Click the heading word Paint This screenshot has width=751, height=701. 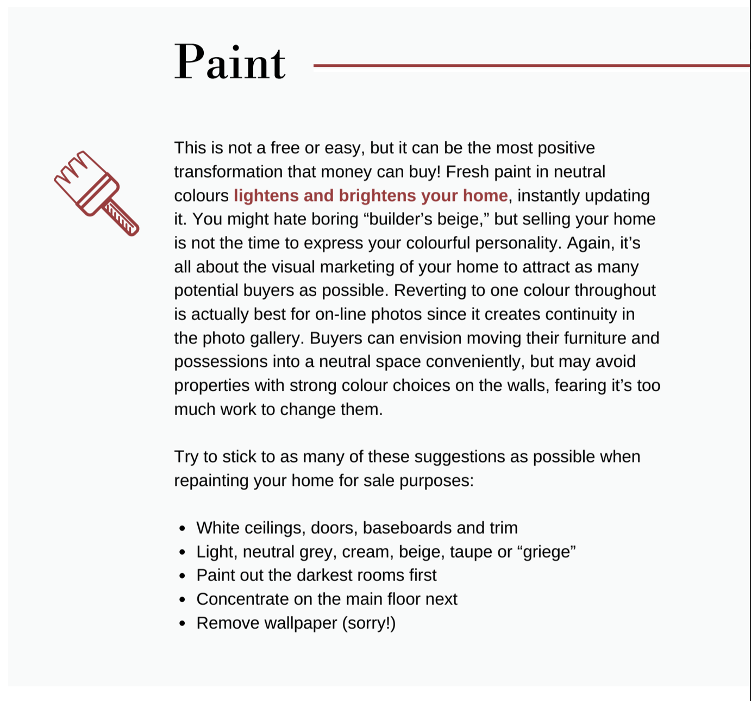point(229,62)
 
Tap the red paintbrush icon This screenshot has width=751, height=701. point(97,193)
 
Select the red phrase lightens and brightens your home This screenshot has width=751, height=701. point(371,196)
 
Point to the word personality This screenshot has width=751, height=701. point(518,243)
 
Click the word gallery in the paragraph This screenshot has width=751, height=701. point(275,338)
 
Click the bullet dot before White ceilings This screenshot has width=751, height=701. point(182,528)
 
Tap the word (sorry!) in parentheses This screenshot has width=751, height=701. point(368,623)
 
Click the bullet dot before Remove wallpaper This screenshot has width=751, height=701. point(182,623)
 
